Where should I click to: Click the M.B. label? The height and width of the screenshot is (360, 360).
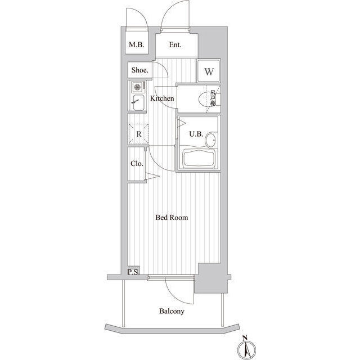(137, 44)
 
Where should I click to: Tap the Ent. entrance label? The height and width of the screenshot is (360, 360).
(175, 45)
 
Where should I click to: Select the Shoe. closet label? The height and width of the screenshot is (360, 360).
(140, 70)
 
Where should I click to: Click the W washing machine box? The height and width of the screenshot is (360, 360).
(209, 71)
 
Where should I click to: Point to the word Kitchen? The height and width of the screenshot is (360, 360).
(162, 98)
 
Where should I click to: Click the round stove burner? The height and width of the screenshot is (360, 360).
(137, 87)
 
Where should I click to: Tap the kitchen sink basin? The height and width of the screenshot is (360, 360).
(138, 102)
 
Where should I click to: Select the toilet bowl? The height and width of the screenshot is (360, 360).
(203, 99)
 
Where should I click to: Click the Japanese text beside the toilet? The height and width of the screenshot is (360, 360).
(213, 98)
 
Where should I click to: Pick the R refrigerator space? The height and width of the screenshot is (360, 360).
(139, 134)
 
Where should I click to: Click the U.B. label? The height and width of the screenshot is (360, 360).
(196, 134)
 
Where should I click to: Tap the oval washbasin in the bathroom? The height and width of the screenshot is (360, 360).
(211, 140)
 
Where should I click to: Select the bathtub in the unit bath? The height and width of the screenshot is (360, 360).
(199, 159)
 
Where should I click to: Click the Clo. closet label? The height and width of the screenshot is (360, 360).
(137, 164)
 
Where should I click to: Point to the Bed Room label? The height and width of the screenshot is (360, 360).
(172, 218)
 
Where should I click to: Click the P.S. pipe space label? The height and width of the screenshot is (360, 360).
(133, 272)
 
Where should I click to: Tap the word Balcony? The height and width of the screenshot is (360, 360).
(172, 311)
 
